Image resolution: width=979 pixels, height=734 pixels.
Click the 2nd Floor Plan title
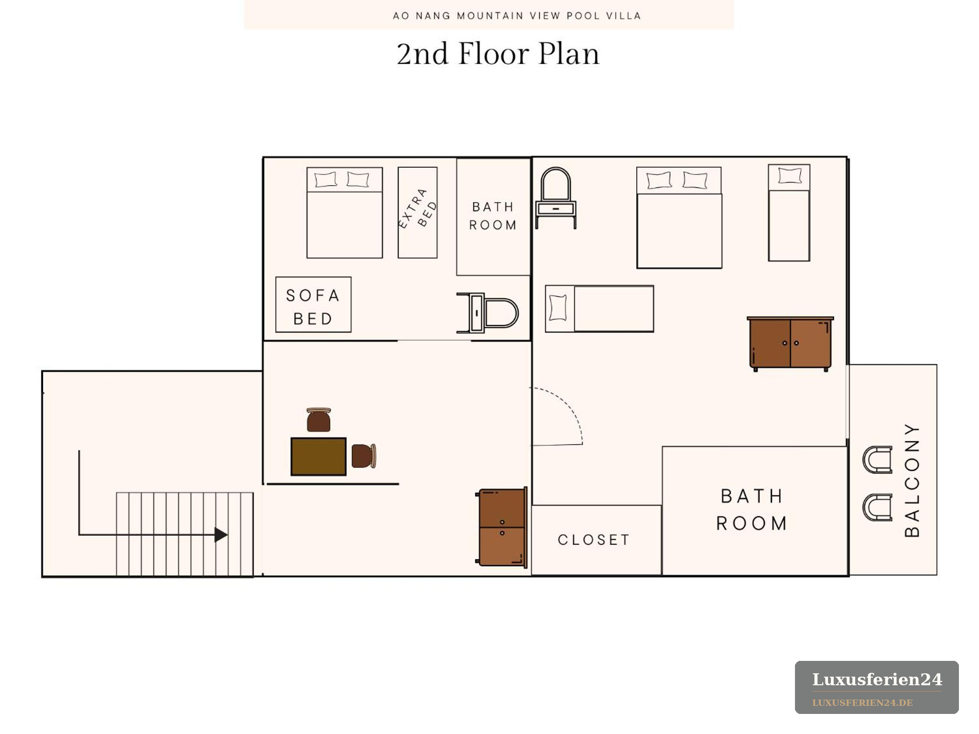[x=498, y=54]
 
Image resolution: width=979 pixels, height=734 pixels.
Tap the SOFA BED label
[x=313, y=307]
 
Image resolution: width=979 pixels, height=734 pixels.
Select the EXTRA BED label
[x=418, y=209]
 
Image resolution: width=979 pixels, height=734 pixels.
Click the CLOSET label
[x=594, y=540]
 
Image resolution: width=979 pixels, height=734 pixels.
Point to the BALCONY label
[x=912, y=480]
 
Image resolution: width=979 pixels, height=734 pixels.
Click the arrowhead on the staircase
[x=221, y=535]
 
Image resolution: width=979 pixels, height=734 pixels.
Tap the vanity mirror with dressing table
[x=555, y=198]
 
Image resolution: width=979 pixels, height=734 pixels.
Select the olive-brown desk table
[x=318, y=456]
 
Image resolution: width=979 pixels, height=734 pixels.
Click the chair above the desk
[x=319, y=420]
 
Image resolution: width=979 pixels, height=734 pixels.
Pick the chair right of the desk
[x=364, y=456]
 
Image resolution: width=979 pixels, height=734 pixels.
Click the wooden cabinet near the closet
[x=501, y=527]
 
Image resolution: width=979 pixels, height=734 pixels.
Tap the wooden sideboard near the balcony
[x=790, y=344]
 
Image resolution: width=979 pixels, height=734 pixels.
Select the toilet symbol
[x=488, y=313]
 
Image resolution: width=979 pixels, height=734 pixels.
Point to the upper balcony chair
[x=877, y=460]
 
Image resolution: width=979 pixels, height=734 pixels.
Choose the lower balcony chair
[x=877, y=507]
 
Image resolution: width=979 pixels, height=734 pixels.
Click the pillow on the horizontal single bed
[x=558, y=308]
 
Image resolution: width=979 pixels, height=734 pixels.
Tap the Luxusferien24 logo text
[x=877, y=679]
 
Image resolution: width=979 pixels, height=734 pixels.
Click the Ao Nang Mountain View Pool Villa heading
[x=517, y=16]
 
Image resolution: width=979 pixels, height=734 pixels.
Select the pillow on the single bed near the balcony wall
[x=790, y=175]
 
